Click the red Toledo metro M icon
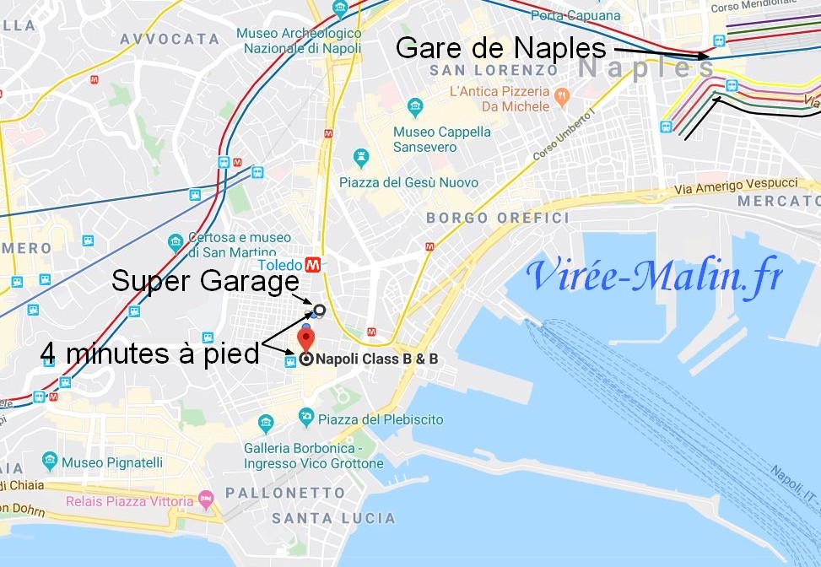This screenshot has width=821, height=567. coord(314,264)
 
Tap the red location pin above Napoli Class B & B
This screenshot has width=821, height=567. coord(306,339)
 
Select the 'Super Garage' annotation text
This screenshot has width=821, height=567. coord(205,281)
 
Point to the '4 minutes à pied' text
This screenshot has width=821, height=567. coord(150,354)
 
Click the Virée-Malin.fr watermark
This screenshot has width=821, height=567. coord(655,276)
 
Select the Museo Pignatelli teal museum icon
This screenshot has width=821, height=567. coord(49,462)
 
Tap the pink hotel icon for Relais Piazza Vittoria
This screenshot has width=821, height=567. coord(206,501)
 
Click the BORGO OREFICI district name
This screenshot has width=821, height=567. coord(497,218)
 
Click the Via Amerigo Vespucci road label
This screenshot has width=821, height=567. coord(737,186)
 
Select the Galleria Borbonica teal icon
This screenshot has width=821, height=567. coord(266,422)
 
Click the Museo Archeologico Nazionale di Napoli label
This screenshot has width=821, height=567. coord(299,40)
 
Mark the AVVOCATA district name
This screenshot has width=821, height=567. coord(170,39)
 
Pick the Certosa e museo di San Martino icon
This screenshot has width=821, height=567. coord(176,241)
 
